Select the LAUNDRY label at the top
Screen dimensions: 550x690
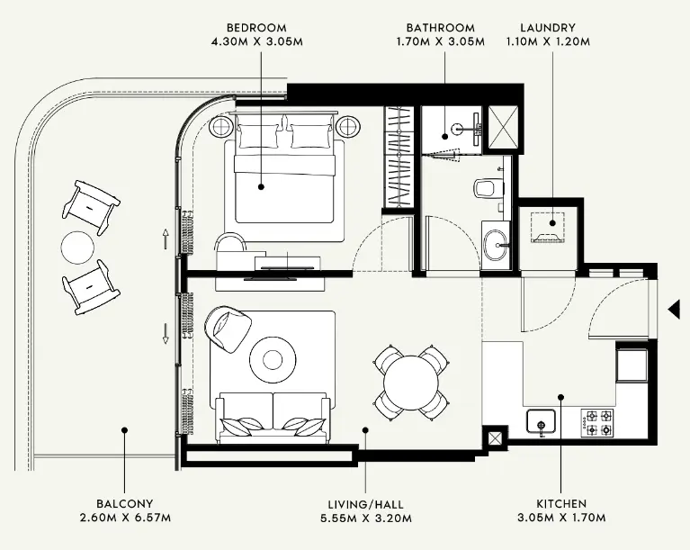[x=548, y=28]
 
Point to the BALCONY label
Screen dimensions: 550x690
[x=125, y=504]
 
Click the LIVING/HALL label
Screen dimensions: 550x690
[x=365, y=504]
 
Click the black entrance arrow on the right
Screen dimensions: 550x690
[x=673, y=311]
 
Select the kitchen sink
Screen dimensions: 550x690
[x=541, y=420]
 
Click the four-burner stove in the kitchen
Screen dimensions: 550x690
[x=598, y=420]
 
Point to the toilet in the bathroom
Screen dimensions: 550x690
[x=487, y=187]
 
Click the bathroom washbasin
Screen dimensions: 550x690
[x=494, y=243]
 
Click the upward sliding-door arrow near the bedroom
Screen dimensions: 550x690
[x=166, y=239]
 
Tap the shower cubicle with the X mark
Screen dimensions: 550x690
[x=497, y=122]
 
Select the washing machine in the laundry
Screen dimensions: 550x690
[x=549, y=228]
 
